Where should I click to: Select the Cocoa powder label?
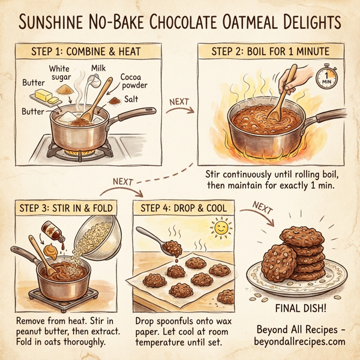(134, 82)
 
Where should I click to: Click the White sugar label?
(64, 74)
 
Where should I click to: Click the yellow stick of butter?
(43, 95)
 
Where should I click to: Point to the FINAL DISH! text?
(302, 310)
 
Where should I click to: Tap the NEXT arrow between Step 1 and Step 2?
(181, 105)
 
